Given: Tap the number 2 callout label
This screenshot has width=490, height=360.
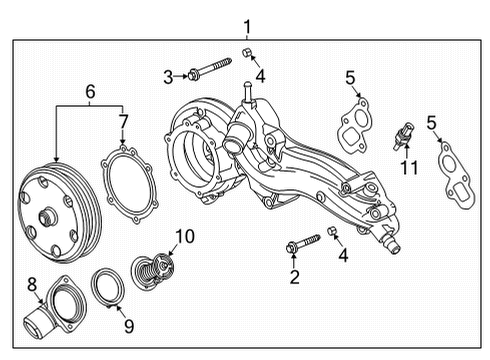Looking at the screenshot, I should coord(294,275).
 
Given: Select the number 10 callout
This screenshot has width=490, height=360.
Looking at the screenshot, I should coord(183,236).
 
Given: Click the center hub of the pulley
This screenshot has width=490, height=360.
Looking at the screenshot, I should coord(48,214).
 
